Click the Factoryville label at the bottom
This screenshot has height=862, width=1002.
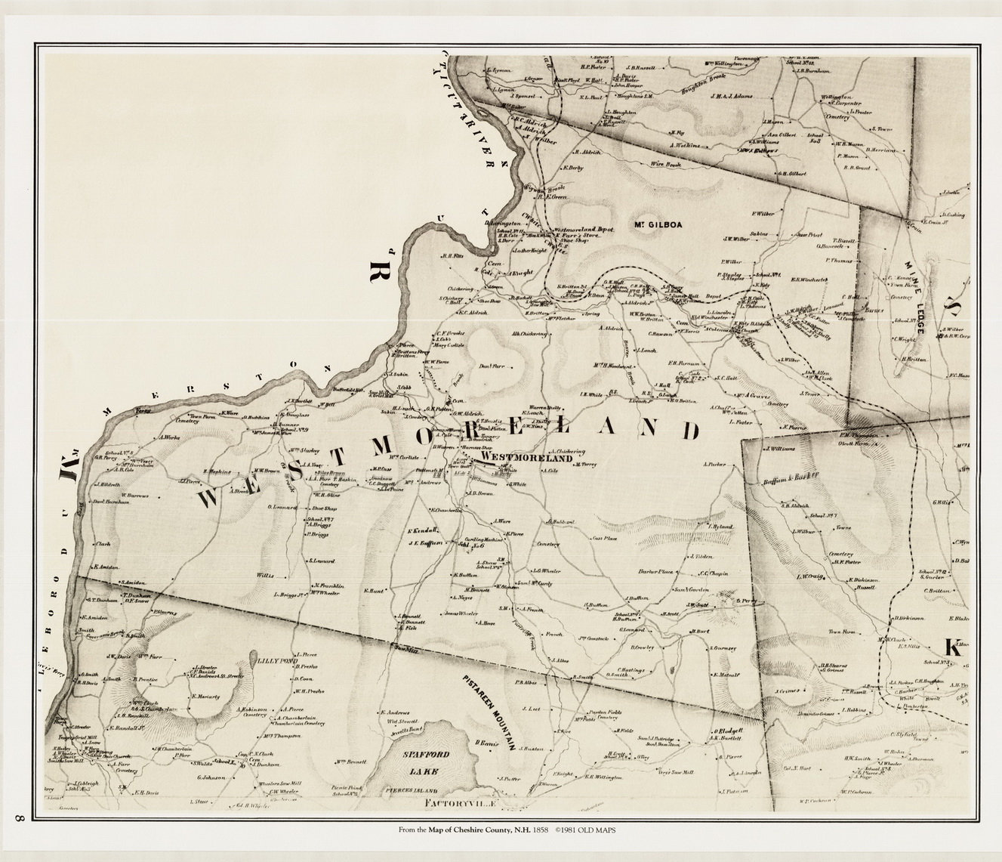461,802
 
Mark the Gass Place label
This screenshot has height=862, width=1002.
605,539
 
